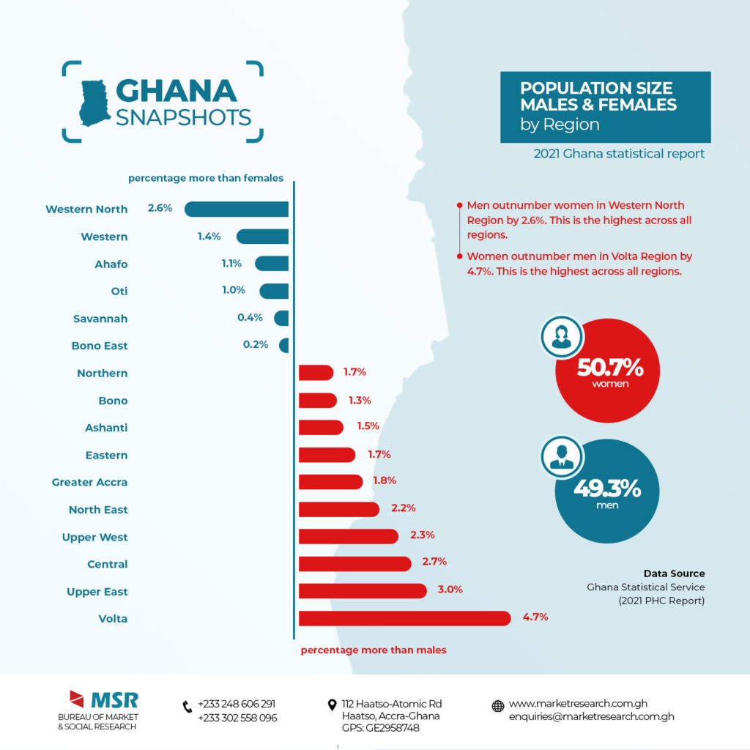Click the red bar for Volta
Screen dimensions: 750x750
point(404,618)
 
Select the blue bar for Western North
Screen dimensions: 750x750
point(237,209)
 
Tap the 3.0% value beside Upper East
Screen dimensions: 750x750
point(450,589)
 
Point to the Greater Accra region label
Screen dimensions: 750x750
point(89,482)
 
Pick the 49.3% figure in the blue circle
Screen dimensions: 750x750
point(607,489)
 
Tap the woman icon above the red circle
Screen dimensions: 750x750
point(562,336)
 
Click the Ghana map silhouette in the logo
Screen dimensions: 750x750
point(94,103)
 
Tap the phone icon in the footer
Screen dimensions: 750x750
point(187,707)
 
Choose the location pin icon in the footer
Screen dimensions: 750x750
point(333,705)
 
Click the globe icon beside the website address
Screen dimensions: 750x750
point(498,706)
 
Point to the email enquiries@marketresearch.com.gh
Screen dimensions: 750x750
point(591,717)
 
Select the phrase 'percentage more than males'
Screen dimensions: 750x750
point(374,650)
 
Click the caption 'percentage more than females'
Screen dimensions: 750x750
point(206,178)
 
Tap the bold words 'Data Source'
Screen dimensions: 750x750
point(674,573)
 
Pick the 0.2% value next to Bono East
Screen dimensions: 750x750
point(256,344)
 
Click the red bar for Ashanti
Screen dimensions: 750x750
point(321,427)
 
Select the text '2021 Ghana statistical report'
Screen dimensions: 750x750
point(619,154)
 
